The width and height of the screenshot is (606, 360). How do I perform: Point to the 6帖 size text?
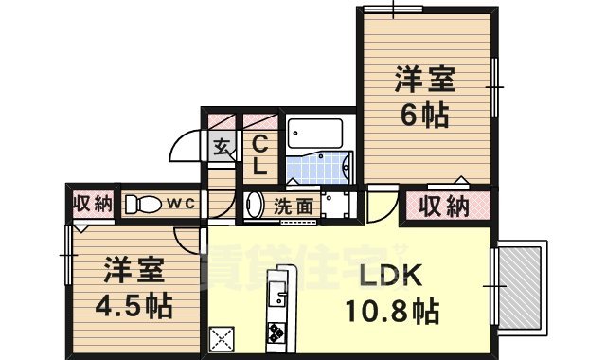[424, 116]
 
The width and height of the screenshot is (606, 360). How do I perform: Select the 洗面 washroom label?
[294, 204]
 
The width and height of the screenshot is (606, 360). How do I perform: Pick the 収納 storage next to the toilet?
[91, 204]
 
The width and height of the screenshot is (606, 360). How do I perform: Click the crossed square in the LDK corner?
[223, 337]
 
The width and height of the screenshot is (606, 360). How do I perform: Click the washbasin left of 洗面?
[255, 204]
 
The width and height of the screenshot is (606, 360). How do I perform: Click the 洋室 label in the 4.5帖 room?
[134, 270]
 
